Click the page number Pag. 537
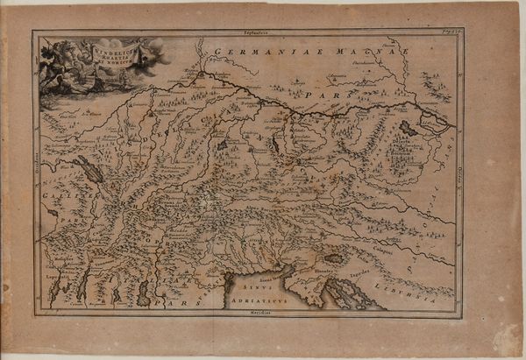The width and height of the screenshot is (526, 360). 450,32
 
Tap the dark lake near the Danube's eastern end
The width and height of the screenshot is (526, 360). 409,127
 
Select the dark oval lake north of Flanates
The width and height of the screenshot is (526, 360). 334,259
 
